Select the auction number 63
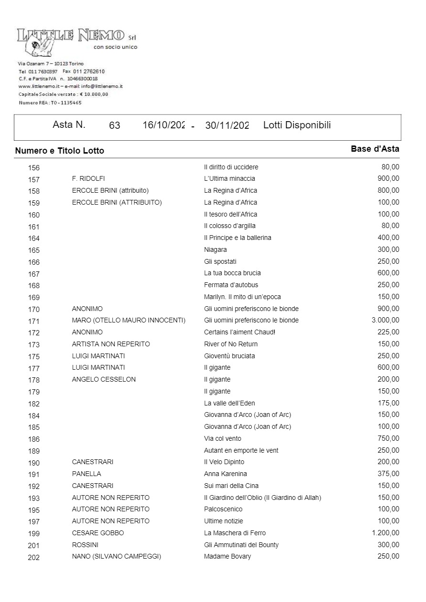(115, 126)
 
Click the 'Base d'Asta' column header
(375, 149)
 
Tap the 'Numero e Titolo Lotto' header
(60, 151)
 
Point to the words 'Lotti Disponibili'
(297, 125)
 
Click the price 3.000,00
(385, 321)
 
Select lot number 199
(34, 534)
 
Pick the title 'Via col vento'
(223, 438)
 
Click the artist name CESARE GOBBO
(98, 533)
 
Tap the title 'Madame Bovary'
(227, 557)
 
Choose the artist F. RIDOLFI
(88, 179)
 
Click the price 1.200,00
(385, 533)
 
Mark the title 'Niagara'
(215, 249)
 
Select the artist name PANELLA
(86, 474)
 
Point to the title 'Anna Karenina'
(225, 474)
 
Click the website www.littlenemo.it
(39, 86)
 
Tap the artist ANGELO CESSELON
(104, 380)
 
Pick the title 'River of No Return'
(231, 344)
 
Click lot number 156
(34, 168)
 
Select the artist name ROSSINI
(85, 545)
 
